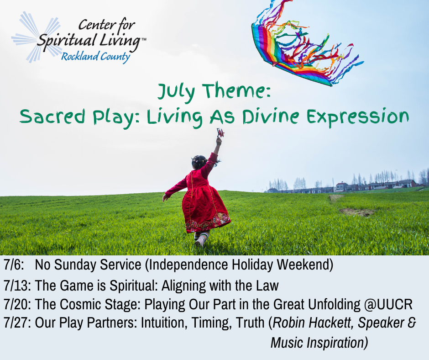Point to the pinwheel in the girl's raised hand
click(220, 132)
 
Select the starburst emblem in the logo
click(37, 37)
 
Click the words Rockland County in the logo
click(95, 57)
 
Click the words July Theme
click(214, 91)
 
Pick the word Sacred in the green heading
click(52, 116)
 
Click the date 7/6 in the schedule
click(14, 265)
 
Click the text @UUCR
click(388, 304)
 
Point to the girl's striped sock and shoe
click(202, 239)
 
